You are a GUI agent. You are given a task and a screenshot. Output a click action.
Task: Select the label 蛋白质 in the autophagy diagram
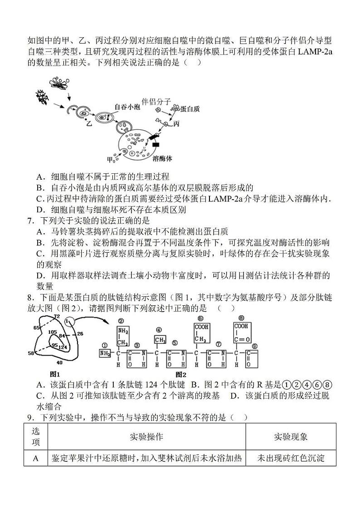[x=190, y=109]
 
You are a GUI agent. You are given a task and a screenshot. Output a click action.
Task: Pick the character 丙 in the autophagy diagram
[x=177, y=123]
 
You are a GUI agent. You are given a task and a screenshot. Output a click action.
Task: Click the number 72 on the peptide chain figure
[x=57, y=316]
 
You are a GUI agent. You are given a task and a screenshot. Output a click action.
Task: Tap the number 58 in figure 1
[x=31, y=352]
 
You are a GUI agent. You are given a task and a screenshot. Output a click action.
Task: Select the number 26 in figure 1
[x=80, y=334]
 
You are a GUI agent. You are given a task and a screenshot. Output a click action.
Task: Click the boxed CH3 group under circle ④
[x=158, y=339]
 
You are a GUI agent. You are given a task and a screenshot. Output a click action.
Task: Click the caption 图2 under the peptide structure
[x=180, y=374]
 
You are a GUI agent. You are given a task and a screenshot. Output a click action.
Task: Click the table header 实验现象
[x=291, y=436]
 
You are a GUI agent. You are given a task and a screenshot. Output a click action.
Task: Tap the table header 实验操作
[x=146, y=436]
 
